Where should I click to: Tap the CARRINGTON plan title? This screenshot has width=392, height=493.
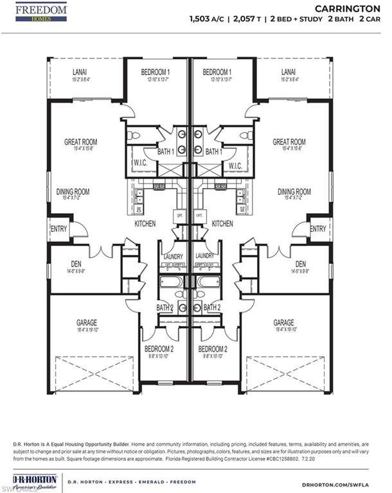point(346,8)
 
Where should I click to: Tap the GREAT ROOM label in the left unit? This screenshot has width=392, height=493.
point(80,142)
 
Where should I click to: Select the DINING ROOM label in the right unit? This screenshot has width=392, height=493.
point(294,191)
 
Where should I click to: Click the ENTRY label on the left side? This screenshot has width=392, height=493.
point(58,229)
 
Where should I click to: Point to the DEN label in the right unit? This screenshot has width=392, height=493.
point(300,264)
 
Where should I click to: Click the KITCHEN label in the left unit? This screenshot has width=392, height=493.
point(145,224)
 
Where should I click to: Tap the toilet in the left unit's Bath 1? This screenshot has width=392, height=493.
point(134,135)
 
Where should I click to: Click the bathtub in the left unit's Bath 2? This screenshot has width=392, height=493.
point(172,282)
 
